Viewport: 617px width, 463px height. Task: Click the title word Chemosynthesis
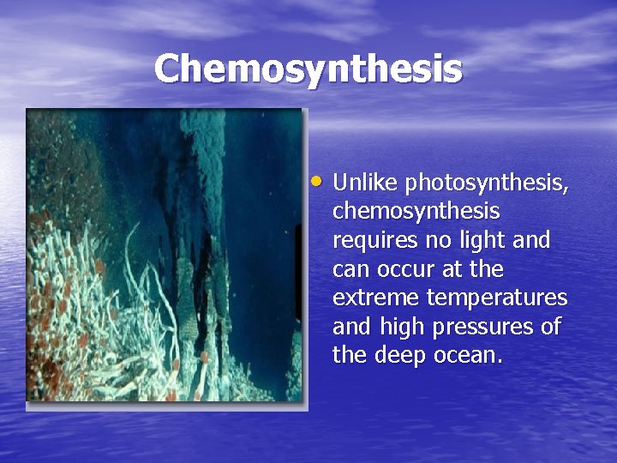click(308, 69)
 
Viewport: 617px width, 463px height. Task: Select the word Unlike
click(365, 183)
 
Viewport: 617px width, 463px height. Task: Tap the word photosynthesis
click(485, 183)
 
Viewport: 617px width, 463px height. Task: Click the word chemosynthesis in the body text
click(416, 212)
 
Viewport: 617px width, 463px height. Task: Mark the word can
click(349, 269)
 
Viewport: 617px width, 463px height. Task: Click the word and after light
click(532, 240)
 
